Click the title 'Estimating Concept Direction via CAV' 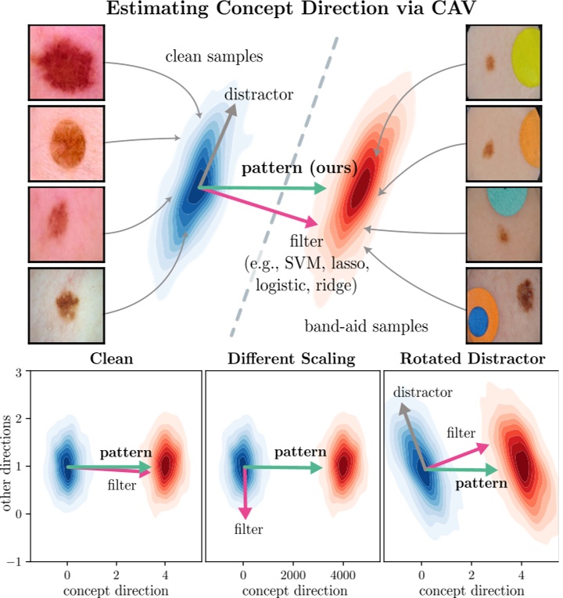[x=281, y=12]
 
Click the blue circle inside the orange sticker [x=478, y=320]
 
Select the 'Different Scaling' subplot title [x=291, y=360]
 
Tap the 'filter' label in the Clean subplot [x=122, y=486]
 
